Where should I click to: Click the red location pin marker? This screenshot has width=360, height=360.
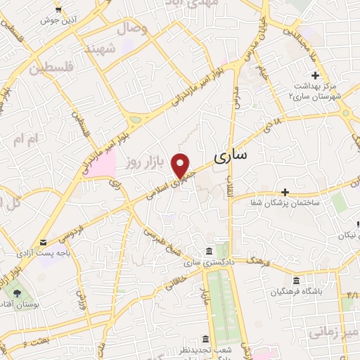[x=181, y=165]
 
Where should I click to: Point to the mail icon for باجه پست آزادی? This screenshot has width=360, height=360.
[x=44, y=242]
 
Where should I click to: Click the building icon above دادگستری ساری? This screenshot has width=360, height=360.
[x=208, y=251]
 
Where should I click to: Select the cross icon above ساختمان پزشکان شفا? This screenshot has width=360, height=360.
[x=285, y=192]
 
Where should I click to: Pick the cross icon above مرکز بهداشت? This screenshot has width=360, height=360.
[x=315, y=75]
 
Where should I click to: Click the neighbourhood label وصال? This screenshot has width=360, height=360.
[x=134, y=30]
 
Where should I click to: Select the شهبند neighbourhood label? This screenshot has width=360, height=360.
[x=99, y=49]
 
